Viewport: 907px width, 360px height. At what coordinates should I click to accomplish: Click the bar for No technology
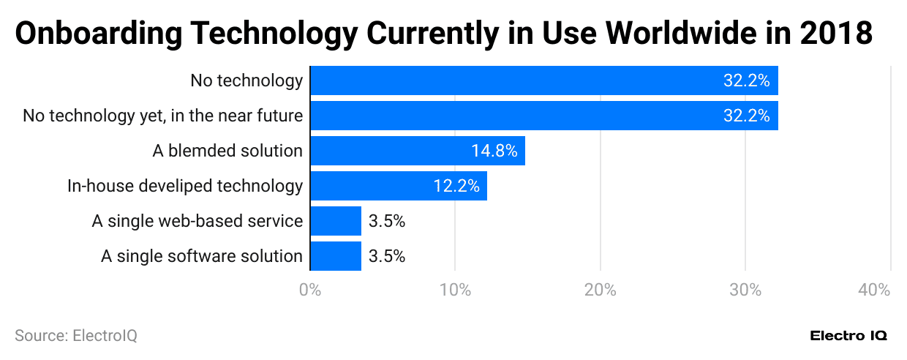coord(543,80)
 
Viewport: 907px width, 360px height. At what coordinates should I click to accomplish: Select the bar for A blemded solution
coord(418,151)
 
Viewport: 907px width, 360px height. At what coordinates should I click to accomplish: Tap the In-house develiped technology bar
coord(399,186)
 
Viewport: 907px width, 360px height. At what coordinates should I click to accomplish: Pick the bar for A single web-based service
coord(336,221)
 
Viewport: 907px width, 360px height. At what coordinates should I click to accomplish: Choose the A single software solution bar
coord(336,256)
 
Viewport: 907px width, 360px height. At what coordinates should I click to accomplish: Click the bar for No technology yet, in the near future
coord(543,116)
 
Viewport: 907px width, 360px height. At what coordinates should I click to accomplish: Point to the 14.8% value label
coord(494,151)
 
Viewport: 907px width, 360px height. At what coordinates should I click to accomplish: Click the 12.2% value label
coord(456,186)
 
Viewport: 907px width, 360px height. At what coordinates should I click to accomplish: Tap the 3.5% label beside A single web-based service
coord(387,221)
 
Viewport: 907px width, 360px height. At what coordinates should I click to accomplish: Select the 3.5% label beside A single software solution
coord(387,256)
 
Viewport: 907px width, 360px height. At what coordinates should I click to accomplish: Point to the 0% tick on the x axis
coord(310,290)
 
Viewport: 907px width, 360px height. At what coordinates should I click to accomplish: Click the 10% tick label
coord(455,290)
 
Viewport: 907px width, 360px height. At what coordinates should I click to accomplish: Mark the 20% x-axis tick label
coord(600,290)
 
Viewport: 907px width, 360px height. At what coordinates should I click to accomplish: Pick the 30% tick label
coord(745,290)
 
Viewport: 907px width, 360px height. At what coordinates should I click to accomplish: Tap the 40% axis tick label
coord(874,290)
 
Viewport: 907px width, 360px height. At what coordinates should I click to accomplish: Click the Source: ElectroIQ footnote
coord(76,336)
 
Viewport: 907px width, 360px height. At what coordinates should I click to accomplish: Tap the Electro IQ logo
coord(848,336)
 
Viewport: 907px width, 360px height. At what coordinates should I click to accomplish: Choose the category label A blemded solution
coord(227,151)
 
